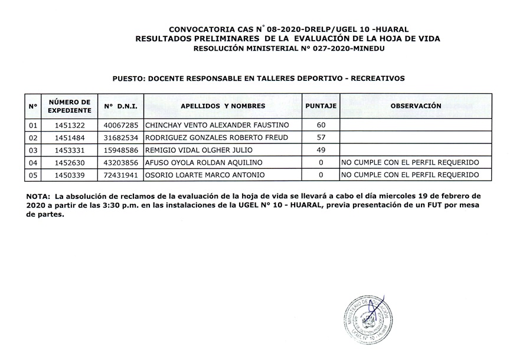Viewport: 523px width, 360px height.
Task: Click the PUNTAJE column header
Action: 320,106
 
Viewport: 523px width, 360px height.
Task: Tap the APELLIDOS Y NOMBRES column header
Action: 223,106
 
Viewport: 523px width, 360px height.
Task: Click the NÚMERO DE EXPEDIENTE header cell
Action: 70,106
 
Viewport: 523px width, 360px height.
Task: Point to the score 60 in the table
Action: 321,126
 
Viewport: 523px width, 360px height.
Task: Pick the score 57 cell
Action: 321,138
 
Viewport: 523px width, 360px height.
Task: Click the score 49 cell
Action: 321,150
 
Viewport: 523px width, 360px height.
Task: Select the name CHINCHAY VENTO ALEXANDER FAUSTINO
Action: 217,126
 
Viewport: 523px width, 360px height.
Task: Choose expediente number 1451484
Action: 70,138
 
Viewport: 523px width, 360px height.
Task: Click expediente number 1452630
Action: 70,162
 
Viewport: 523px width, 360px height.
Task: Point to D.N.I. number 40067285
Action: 120,126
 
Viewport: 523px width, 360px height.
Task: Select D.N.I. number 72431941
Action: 120,175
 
